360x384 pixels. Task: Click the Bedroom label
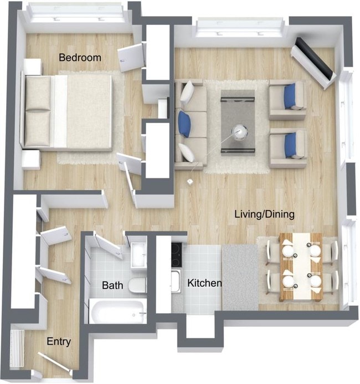[80, 58]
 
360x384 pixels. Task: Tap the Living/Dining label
[264, 214]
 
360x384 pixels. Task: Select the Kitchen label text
[204, 283]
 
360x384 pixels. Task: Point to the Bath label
[112, 286]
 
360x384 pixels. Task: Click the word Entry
[58, 342]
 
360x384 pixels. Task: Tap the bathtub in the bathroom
[118, 311]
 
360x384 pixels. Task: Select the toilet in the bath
[137, 285]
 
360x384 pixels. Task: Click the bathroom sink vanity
[138, 255]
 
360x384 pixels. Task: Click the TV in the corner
[314, 62]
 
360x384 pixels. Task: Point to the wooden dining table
[301, 267]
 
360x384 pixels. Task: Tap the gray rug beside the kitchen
[241, 277]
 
